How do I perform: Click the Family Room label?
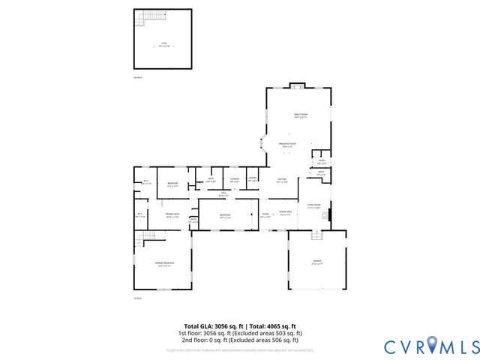coord(301,115)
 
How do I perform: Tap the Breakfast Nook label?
coord(288,144)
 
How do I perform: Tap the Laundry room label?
coord(235,179)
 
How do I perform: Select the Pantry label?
coord(253,179)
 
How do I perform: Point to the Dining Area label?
coord(286,212)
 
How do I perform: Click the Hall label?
coord(223,195)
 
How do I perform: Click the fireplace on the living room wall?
coord(326,217)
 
